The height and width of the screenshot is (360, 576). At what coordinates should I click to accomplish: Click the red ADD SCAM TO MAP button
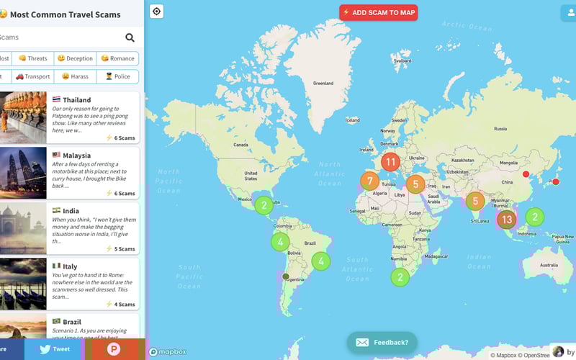click(x=379, y=12)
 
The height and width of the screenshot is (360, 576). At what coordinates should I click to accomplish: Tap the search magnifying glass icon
click(x=130, y=37)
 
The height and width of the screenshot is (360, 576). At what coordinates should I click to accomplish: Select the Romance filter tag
click(x=117, y=58)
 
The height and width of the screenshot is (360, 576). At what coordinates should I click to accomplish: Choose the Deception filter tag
click(x=75, y=58)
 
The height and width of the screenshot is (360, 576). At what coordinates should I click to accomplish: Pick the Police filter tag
click(x=117, y=76)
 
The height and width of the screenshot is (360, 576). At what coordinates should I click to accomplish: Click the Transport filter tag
click(x=33, y=76)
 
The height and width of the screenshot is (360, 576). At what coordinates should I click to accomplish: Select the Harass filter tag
click(x=75, y=76)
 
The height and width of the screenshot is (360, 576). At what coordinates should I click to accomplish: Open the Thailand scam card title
click(x=77, y=100)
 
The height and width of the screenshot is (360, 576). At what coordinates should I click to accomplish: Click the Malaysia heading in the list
click(x=76, y=156)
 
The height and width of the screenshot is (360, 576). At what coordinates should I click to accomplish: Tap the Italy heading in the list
click(x=70, y=266)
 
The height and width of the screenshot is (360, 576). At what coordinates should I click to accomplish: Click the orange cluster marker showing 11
click(x=390, y=162)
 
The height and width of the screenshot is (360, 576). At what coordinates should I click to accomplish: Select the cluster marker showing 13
click(x=507, y=220)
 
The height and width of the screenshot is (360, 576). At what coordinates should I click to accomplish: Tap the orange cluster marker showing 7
click(x=369, y=181)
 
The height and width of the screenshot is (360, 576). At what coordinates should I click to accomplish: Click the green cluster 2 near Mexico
click(x=264, y=205)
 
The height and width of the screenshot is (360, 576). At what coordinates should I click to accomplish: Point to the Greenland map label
click(x=323, y=84)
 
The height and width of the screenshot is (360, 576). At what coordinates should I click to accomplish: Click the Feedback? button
click(x=382, y=343)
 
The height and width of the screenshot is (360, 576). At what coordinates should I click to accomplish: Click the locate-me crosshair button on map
click(x=157, y=11)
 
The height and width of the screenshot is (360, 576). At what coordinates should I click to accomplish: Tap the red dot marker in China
click(x=526, y=175)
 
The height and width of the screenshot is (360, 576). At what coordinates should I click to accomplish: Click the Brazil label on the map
click(x=311, y=243)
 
